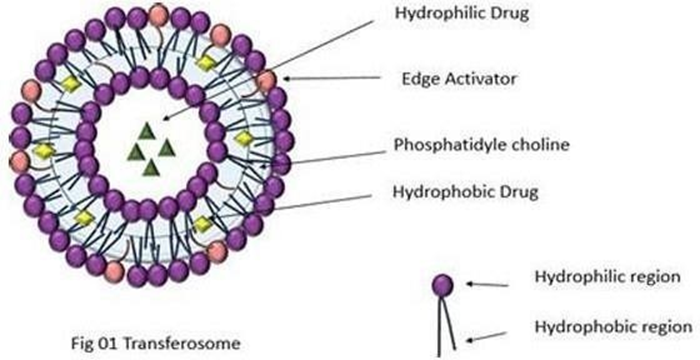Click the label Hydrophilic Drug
point(462,13)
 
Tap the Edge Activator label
point(459,80)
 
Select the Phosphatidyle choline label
point(481,145)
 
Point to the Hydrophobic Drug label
point(465,192)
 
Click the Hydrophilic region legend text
point(607,277)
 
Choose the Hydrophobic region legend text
point(613,327)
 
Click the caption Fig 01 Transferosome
point(156,344)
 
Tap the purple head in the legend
point(443,285)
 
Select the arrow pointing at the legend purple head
point(487,285)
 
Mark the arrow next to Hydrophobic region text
point(487,336)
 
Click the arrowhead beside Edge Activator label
point(287,79)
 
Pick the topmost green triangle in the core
point(146,131)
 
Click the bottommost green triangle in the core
point(151,167)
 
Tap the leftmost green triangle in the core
point(136,152)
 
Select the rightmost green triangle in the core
point(167,148)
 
